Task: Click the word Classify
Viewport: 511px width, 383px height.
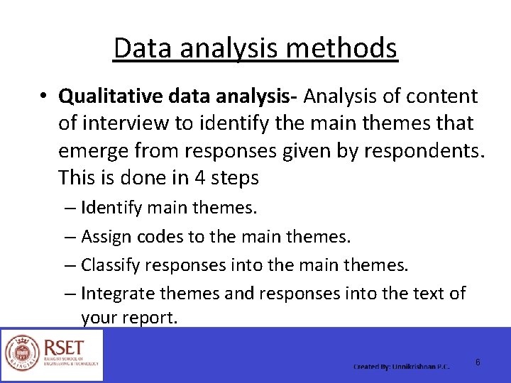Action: tap(110, 265)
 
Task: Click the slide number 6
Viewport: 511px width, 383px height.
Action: tap(478, 362)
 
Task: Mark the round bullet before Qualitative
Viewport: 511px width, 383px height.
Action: tap(44, 96)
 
